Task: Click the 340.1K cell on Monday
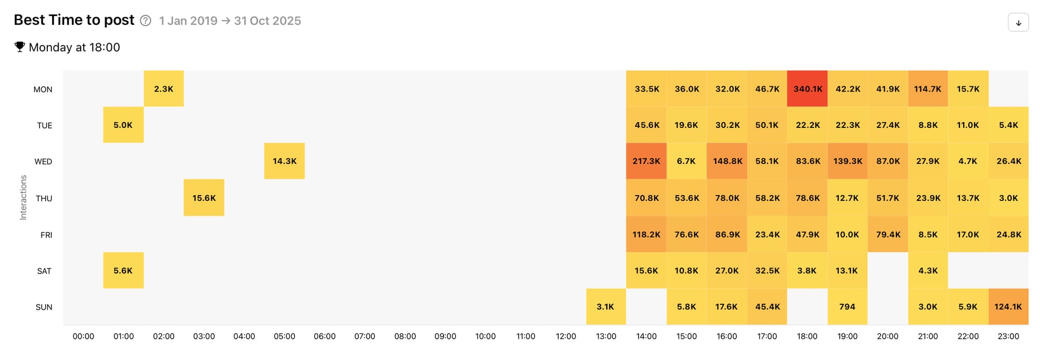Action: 807,89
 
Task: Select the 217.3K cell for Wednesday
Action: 646,161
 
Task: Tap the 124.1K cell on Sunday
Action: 1008,307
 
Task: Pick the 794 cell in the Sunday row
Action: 847,307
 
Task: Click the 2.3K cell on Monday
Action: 164,89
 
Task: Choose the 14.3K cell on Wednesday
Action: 284,161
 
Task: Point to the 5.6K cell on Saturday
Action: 123,271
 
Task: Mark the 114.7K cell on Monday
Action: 928,89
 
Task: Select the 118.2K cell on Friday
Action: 646,235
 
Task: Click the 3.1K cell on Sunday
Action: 606,307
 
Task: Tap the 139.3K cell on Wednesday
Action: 848,161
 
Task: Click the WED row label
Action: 43,162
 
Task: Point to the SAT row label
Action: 44,271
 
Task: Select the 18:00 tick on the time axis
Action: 807,337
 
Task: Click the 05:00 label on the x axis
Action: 284,337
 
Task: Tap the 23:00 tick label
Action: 1008,337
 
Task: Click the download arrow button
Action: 1018,23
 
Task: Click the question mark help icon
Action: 146,21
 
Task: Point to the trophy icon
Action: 20,47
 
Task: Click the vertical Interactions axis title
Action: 23,197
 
